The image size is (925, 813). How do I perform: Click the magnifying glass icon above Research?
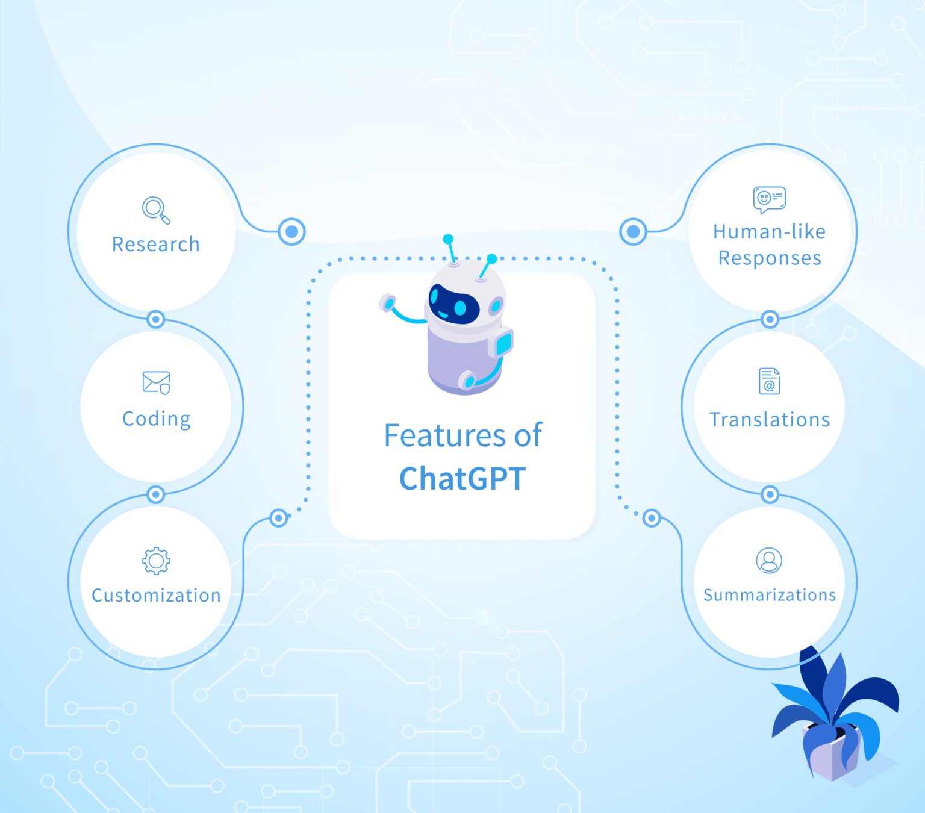[x=155, y=210]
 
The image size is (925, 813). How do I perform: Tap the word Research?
[x=155, y=245]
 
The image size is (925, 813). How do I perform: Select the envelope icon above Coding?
[x=156, y=382]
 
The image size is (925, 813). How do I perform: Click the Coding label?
[x=156, y=419]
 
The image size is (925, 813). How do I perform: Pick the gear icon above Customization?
[x=156, y=561]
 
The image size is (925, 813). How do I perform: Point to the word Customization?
[x=156, y=596]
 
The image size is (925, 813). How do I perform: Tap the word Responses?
[x=770, y=258]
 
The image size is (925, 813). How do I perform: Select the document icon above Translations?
[x=769, y=381]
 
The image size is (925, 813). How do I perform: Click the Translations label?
[x=770, y=420]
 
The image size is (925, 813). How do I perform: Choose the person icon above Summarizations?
[x=769, y=561]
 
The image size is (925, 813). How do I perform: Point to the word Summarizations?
[x=770, y=596]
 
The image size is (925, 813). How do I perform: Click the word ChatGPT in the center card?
[x=462, y=479]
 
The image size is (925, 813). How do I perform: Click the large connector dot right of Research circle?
[x=292, y=231]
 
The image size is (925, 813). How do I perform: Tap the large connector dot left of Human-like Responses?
[x=633, y=231]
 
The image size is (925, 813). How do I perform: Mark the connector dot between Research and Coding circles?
[x=156, y=319]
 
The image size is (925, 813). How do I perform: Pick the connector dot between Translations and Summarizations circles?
[x=770, y=495]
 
